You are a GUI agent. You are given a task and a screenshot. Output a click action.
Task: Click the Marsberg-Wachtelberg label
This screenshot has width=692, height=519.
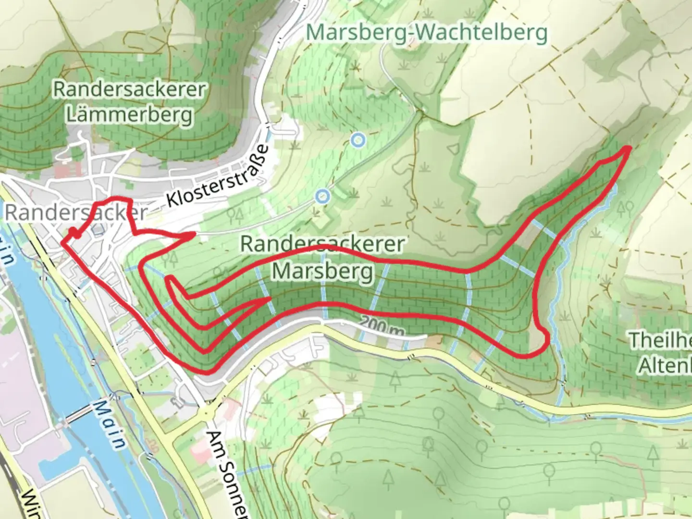[x=426, y=33]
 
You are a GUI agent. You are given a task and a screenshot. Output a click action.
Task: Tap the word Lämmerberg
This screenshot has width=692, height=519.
[x=130, y=115]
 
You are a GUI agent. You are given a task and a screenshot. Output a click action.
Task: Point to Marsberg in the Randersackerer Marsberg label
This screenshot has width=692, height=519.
[x=322, y=271]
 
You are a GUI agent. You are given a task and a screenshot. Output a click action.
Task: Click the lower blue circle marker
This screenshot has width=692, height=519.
[x=323, y=196]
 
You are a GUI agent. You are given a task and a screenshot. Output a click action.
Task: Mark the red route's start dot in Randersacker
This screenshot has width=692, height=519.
[x=74, y=234]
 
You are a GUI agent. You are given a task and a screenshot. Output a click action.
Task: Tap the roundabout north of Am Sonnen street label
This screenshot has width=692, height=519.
[x=207, y=412]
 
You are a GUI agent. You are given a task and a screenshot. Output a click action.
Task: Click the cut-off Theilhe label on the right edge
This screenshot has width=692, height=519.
[x=661, y=340]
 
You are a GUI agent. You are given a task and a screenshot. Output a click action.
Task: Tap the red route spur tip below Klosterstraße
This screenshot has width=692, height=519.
[x=192, y=235]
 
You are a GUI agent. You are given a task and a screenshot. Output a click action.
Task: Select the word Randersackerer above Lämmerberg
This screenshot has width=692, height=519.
[x=130, y=90]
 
